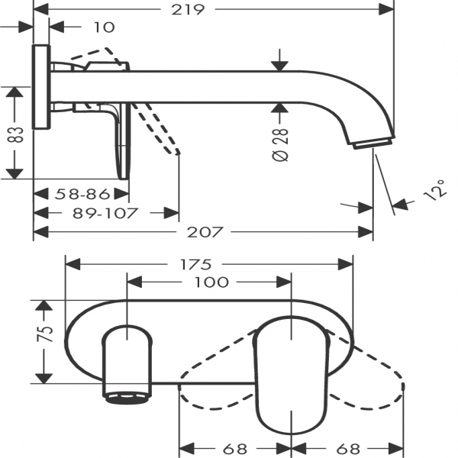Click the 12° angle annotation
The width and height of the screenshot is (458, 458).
tap(435, 190)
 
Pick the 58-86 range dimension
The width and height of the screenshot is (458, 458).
tap(82, 194)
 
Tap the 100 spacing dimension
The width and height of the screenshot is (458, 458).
tap(211, 282)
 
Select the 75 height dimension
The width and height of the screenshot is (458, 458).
tap(45, 333)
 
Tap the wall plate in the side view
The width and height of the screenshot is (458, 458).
tap(40, 89)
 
